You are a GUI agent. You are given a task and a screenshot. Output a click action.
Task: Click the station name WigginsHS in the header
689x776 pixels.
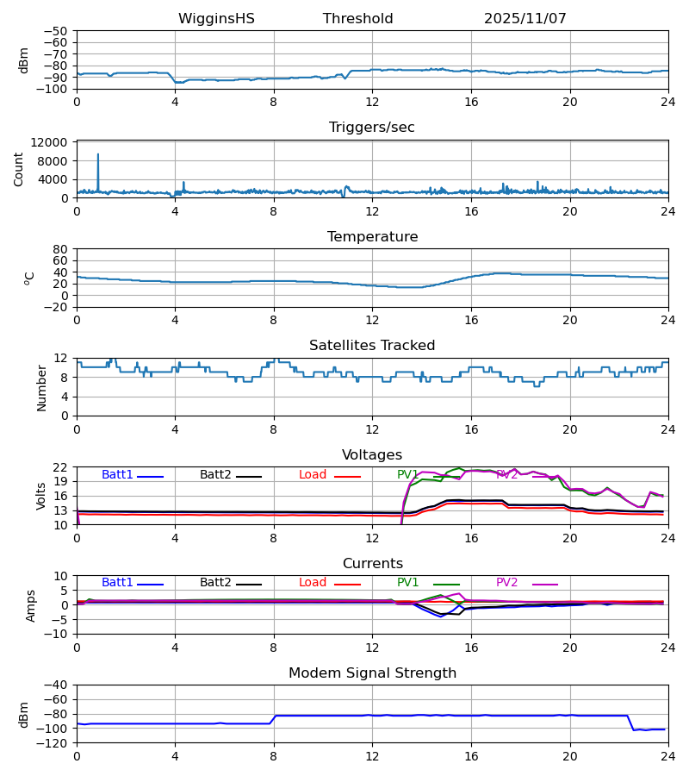(x=216, y=19)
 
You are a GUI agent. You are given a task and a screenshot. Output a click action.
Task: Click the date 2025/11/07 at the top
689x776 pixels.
(x=525, y=19)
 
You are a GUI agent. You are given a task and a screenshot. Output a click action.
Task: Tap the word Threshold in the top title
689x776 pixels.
(x=357, y=19)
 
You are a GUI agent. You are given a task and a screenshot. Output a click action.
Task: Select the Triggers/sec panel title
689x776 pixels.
(x=371, y=128)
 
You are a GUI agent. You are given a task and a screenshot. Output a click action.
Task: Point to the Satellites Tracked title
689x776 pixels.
(x=371, y=346)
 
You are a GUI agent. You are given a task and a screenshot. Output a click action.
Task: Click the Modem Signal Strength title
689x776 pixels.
(x=371, y=673)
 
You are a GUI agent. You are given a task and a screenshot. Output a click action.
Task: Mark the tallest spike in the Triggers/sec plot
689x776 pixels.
(x=98, y=155)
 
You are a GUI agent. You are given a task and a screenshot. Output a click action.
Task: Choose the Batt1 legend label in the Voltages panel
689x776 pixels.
(x=117, y=475)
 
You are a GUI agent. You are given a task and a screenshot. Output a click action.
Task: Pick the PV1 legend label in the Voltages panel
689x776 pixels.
(x=407, y=475)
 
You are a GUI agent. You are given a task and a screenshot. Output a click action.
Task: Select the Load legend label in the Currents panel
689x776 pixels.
(x=313, y=583)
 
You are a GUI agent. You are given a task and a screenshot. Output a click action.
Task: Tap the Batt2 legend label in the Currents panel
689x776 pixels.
(x=215, y=583)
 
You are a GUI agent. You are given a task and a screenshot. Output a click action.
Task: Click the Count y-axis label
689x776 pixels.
(x=19, y=169)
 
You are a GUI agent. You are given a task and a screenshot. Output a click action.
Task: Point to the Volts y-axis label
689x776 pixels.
(x=42, y=496)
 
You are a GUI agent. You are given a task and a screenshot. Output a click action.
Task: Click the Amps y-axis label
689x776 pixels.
(x=31, y=605)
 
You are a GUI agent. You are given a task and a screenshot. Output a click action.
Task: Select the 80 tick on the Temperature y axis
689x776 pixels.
(x=59, y=249)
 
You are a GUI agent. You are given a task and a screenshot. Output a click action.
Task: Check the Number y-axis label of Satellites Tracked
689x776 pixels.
(x=42, y=387)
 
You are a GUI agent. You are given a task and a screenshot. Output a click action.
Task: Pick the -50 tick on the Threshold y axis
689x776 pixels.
(x=56, y=31)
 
